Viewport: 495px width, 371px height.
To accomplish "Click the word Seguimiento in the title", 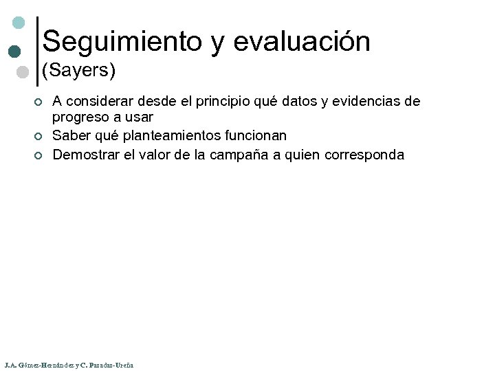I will [123, 42].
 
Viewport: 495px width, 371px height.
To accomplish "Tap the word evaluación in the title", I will [302, 42].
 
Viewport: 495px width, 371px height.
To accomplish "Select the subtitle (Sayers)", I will [78, 70].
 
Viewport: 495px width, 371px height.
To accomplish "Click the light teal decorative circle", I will [19, 23].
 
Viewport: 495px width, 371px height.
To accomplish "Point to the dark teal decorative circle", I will [14, 52].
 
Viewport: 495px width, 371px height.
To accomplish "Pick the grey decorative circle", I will [22, 72].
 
